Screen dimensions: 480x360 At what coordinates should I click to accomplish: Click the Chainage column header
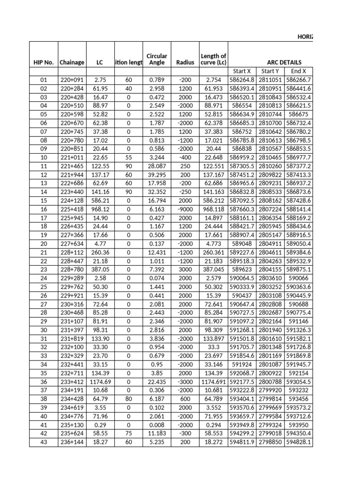click(72, 62)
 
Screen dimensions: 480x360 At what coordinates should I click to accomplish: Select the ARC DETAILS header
click(284, 62)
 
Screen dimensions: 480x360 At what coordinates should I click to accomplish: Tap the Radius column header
click(185, 62)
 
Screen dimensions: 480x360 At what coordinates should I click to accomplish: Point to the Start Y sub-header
click(270, 71)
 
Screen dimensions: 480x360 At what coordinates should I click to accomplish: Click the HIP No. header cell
click(43, 62)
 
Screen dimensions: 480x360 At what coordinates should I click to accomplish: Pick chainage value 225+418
click(72, 210)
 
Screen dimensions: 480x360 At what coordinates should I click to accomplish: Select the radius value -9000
click(185, 210)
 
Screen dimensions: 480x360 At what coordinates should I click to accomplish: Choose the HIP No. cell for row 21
click(43, 253)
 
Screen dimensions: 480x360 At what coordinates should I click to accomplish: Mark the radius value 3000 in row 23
click(185, 270)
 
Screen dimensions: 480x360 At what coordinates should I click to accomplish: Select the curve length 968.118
click(213, 210)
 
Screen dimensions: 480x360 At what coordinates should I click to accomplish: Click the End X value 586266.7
click(299, 80)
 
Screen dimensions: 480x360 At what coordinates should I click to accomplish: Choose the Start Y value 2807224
click(270, 210)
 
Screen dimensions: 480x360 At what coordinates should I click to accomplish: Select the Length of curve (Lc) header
click(213, 59)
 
